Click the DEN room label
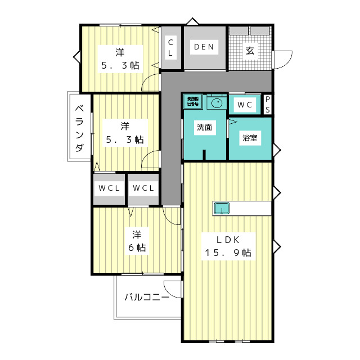[x=204, y=47]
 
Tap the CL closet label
[x=170, y=47]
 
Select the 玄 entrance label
[x=250, y=51]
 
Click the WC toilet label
[x=244, y=105]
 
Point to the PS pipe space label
[x=268, y=105]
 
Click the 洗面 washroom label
[x=204, y=127]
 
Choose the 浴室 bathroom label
[x=250, y=138]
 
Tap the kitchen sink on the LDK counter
[x=222, y=208]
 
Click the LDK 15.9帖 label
[x=227, y=246]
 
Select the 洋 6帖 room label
[x=137, y=240]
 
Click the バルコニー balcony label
[x=147, y=296]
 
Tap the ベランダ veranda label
[x=79, y=128]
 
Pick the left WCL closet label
[x=109, y=188]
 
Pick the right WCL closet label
[x=143, y=188]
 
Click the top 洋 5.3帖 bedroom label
[x=120, y=59]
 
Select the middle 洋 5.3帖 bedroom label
[x=123, y=132]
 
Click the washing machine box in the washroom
[x=193, y=102]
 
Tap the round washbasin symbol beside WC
[x=216, y=103]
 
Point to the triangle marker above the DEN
[x=192, y=21]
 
